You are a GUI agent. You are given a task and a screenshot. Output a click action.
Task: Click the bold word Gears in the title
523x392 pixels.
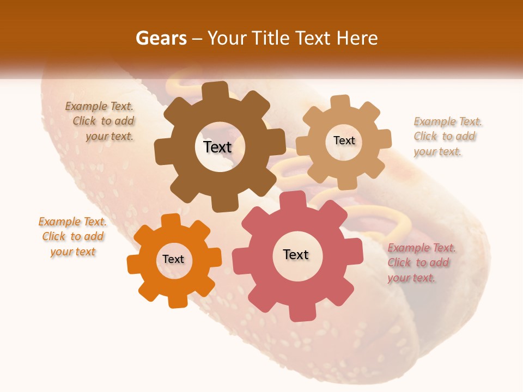pyautogui.click(x=161, y=38)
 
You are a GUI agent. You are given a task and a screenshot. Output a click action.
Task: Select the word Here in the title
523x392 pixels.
pyautogui.click(x=357, y=38)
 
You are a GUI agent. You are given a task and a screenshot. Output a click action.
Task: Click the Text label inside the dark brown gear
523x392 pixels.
pyautogui.click(x=217, y=147)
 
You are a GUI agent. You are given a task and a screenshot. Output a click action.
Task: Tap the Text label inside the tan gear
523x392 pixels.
pyautogui.click(x=344, y=140)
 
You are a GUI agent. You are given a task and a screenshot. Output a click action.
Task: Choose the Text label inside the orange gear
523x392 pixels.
pyautogui.click(x=173, y=259)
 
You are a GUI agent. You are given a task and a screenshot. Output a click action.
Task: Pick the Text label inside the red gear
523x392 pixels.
pyautogui.click(x=296, y=254)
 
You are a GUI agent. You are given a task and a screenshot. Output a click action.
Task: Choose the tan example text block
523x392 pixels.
pyautogui.click(x=447, y=137)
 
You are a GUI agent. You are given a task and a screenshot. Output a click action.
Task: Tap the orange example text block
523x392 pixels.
pyautogui.click(x=73, y=237)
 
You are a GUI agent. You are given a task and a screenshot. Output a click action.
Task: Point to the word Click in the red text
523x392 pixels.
pyautogui.click(x=399, y=262)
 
